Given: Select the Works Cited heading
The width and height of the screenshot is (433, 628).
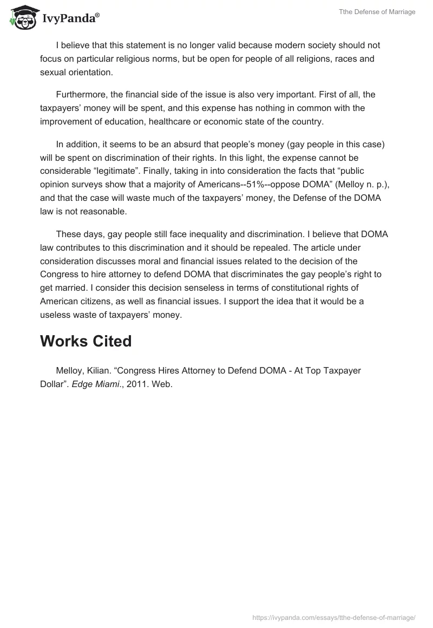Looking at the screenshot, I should [86, 341].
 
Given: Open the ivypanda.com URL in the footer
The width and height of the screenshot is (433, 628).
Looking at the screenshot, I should [334, 617].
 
